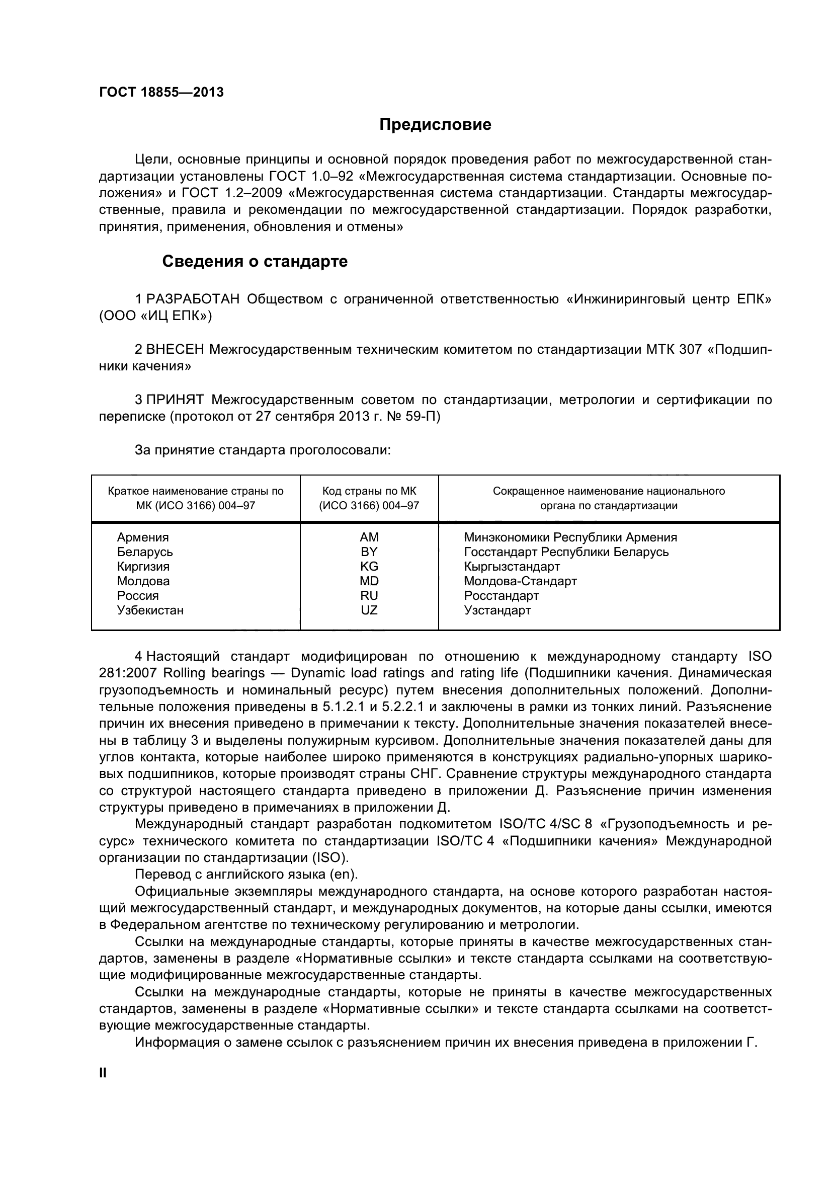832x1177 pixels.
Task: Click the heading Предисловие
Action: [435, 125]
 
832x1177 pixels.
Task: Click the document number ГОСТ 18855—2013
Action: [161, 92]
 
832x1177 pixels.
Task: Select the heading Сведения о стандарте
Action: [255, 262]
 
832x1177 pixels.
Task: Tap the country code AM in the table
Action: [369, 537]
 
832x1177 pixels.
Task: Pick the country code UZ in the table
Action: [369, 610]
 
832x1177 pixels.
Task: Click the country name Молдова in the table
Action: [143, 581]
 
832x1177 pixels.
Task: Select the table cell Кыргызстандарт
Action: [511, 567]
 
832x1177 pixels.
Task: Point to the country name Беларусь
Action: [144, 552]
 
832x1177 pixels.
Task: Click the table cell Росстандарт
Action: [501, 596]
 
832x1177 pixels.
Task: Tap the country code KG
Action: [369, 567]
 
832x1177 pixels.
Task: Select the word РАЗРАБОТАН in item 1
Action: [193, 299]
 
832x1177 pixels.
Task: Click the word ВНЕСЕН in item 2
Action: [175, 350]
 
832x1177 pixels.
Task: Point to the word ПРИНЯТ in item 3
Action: [175, 400]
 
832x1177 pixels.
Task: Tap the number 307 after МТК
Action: [690, 350]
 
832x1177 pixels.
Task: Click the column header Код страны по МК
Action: [369, 491]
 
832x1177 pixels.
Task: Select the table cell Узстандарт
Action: [497, 610]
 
